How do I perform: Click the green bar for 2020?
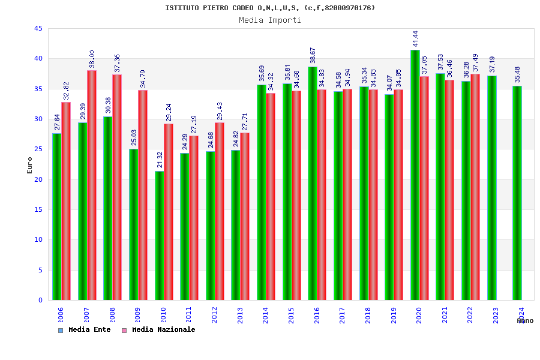click(415, 175)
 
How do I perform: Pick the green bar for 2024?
click(517, 193)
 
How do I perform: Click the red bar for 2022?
click(475, 187)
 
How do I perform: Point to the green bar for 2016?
click(313, 183)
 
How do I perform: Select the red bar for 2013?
click(245, 216)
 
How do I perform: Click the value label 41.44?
click(415, 38)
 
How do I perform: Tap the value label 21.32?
click(160, 160)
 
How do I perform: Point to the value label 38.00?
click(92, 59)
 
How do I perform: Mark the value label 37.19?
click(492, 64)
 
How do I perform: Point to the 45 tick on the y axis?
click(38, 29)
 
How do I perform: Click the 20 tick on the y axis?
click(38, 179)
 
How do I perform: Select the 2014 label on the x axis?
click(266, 316)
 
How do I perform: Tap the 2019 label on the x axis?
click(394, 316)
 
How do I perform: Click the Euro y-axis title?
click(30, 165)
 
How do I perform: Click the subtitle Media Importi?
click(270, 20)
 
